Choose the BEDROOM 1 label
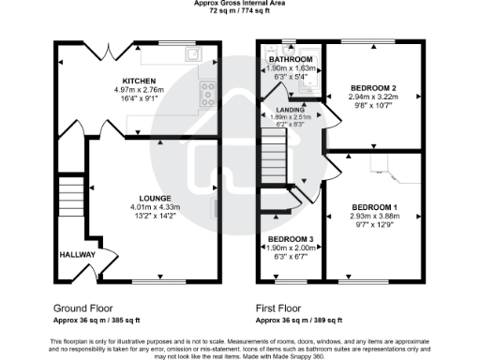point(375,206)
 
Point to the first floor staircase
point(272,150)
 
